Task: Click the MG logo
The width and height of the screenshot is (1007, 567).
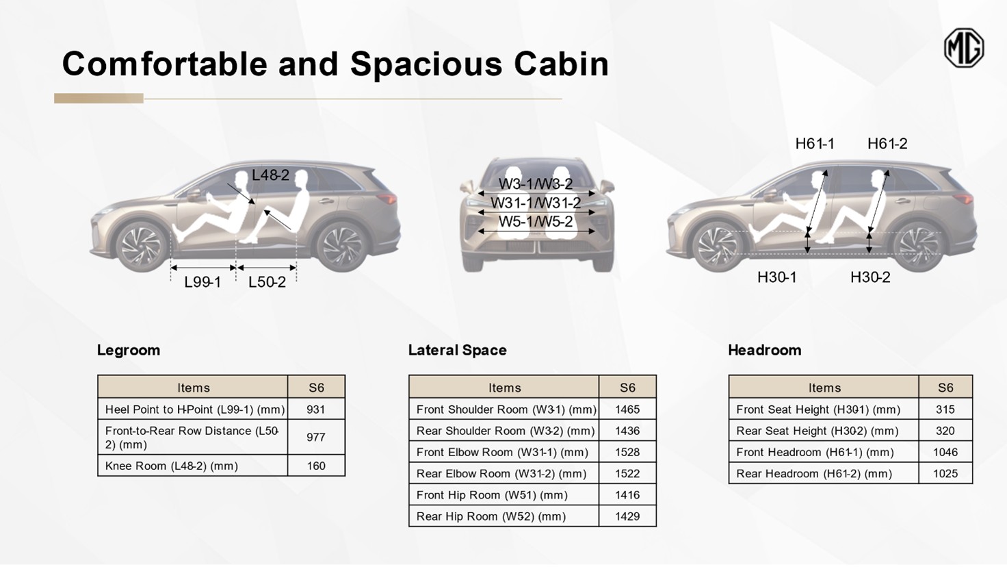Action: [964, 48]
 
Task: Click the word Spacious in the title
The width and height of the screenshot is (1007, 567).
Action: [426, 64]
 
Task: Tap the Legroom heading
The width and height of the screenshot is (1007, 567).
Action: [129, 350]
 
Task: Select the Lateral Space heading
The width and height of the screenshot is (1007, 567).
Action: [457, 350]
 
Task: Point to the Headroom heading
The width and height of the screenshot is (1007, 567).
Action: [764, 350]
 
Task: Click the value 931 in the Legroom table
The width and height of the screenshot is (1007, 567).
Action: [315, 409]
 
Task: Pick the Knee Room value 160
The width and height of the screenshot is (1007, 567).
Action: [316, 466]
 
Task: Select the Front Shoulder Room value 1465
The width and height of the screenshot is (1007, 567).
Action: [627, 409]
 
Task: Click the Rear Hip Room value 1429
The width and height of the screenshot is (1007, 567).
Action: [627, 516]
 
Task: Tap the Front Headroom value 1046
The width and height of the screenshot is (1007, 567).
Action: [945, 452]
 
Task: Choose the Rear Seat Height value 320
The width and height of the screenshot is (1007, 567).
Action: [945, 431]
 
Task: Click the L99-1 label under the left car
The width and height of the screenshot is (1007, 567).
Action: [202, 282]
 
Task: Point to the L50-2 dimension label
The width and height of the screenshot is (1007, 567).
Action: [267, 282]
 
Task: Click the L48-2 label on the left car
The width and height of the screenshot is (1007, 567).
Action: [270, 175]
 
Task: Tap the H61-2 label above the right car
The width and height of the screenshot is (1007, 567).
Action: [887, 144]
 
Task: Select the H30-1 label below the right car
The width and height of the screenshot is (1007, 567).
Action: [777, 277]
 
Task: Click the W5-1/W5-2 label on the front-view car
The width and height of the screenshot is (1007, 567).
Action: [536, 221]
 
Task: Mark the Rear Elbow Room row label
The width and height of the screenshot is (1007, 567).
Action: [501, 473]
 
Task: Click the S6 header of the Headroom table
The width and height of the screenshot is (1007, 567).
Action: [945, 388]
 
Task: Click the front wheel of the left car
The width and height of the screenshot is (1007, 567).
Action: [142, 246]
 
